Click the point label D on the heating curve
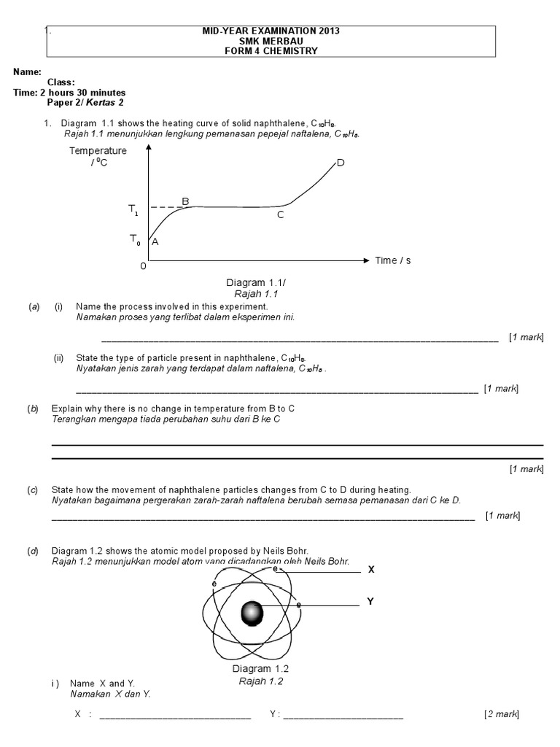point(341,163)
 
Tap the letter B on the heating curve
point(185,201)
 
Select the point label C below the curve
point(280,215)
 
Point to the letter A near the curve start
point(155,243)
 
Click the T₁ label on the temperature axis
point(133,209)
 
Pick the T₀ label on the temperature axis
point(134,239)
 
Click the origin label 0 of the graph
point(143,266)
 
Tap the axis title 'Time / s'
point(392,260)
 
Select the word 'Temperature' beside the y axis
point(98,151)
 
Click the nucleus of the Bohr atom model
point(254,612)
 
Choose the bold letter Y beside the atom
point(370,602)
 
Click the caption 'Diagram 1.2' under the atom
point(262,669)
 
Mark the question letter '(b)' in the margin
point(33,409)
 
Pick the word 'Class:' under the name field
point(61,82)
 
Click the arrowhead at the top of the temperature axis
point(149,147)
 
